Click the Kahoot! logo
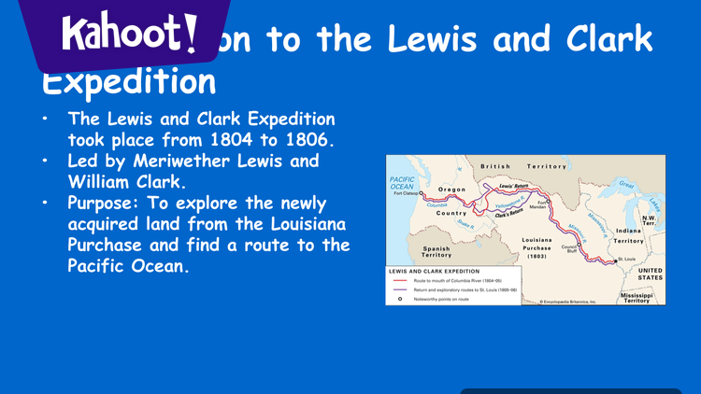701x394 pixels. point(130,35)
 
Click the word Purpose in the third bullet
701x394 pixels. point(106,202)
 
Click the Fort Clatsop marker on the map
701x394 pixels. point(422,194)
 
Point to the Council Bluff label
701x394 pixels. point(568,249)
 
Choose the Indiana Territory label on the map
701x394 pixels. point(628,235)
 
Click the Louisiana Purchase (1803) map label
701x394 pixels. point(536,247)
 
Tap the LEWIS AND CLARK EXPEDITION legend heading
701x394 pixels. point(434,270)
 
